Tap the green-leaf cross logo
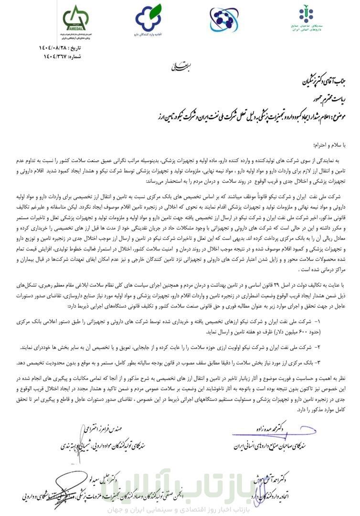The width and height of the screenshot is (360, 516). coord(148,19)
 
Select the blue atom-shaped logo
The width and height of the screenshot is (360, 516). coord(224,19)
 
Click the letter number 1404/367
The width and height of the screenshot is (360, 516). coord(53,56)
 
